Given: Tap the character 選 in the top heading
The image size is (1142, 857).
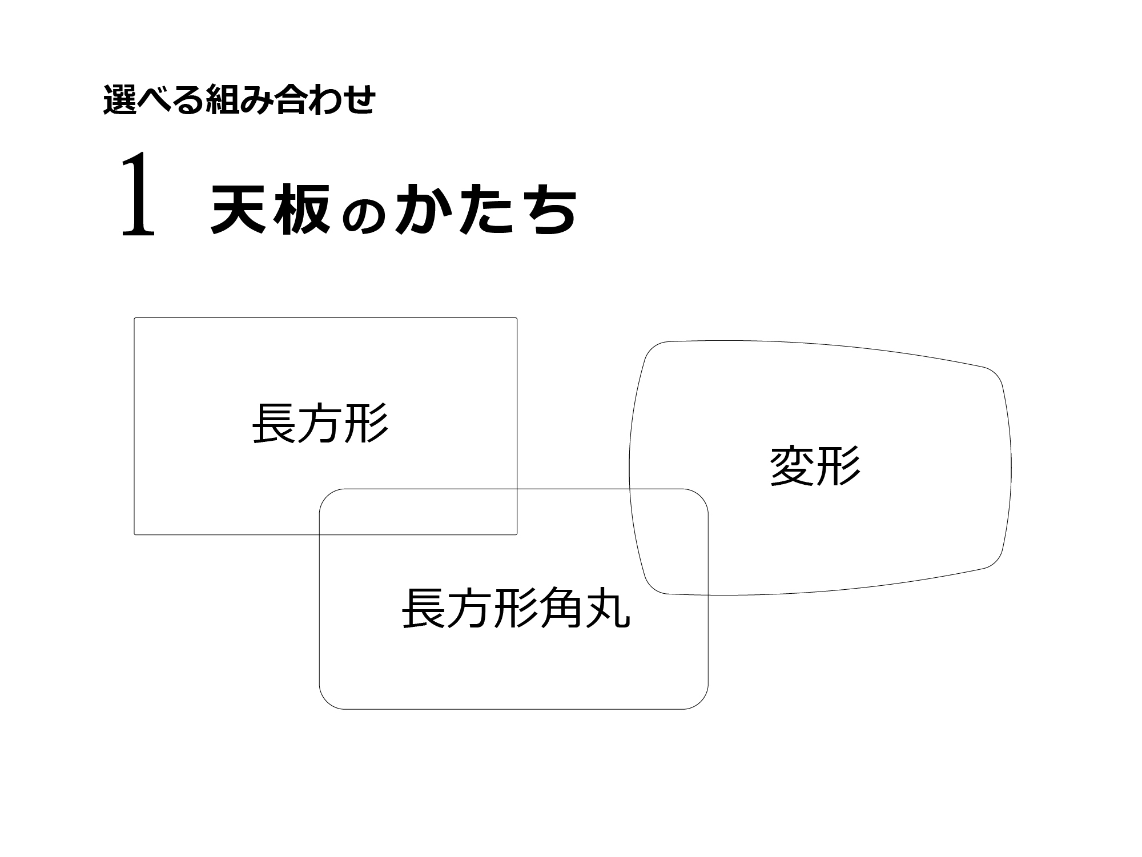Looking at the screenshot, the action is pos(118,100).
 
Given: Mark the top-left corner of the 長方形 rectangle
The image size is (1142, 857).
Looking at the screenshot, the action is pos(135,319).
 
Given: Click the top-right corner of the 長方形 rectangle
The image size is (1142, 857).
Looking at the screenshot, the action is pos(516,319).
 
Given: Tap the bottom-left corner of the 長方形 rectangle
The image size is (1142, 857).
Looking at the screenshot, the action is pos(135,534).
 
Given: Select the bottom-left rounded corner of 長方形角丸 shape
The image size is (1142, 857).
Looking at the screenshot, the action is pos(327,702).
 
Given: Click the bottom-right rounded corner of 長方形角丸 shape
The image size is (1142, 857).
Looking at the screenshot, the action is pos(701,702).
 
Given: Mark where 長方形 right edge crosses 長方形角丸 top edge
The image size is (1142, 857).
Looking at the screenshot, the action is pos(517,489).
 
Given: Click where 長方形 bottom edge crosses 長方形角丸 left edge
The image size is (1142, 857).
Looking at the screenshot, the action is pos(320,534).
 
